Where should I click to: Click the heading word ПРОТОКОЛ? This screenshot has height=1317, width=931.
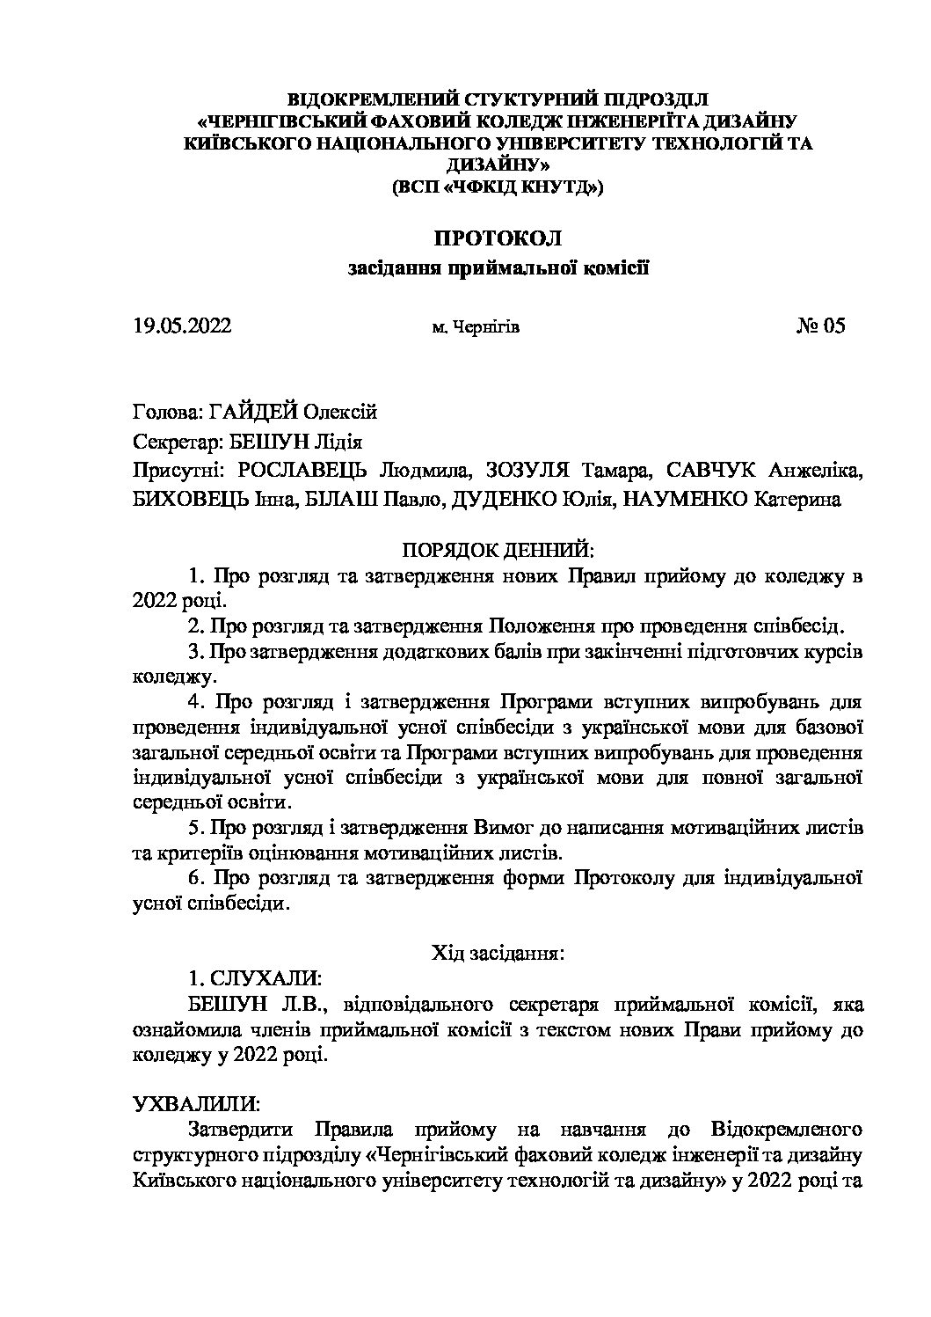pos(498,238)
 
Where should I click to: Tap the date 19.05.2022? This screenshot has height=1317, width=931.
pos(182,326)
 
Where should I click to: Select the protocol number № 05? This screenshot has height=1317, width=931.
pos(820,326)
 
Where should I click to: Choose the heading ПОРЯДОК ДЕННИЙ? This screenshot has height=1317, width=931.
pos(498,551)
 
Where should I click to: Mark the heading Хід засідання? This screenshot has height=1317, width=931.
pos(498,953)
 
